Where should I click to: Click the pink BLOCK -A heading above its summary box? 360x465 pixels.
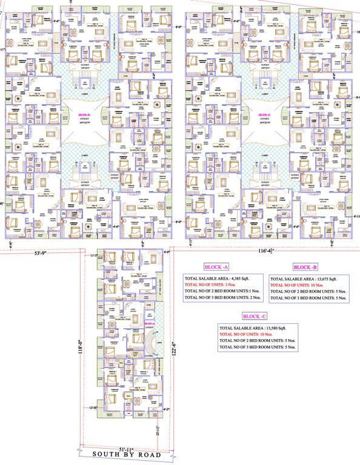216,267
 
